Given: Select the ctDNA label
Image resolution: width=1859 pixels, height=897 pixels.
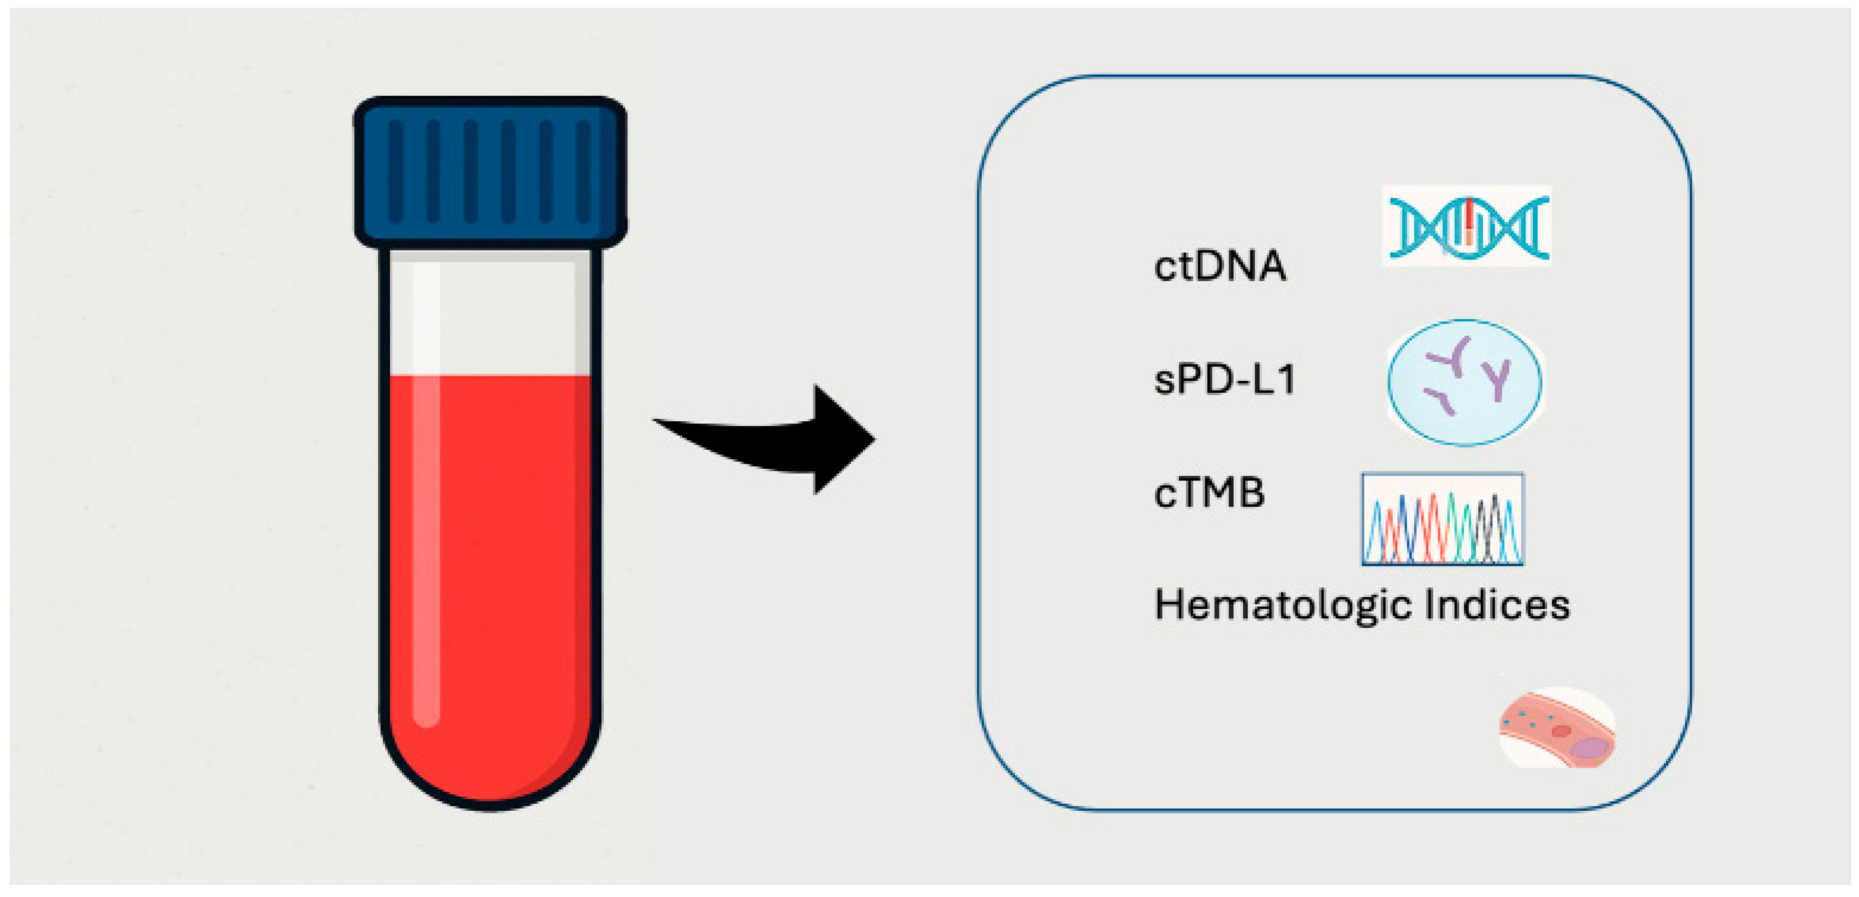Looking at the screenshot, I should coord(1220,266).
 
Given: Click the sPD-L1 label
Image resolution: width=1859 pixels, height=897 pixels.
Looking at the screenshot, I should coord(1225,379).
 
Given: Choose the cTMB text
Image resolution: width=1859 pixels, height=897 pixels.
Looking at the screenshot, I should coord(1209,494).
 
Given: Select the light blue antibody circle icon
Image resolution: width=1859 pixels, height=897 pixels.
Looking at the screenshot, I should coord(1465,383).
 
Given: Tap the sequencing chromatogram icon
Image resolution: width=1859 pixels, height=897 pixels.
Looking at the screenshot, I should coord(1442,519).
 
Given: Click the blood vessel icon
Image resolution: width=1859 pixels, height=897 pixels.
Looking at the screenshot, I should coord(1558,729).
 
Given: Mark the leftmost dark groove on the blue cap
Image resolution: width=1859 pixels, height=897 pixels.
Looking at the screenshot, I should coord(396,171).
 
